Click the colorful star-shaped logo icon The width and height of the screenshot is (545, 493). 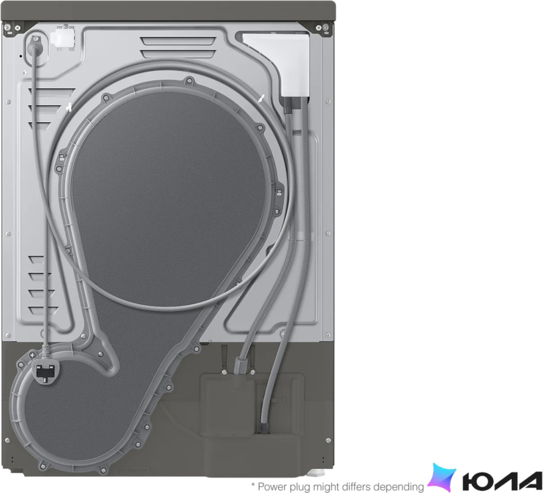pos(442,477)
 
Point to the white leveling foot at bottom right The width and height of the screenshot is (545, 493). pos(317,473)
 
